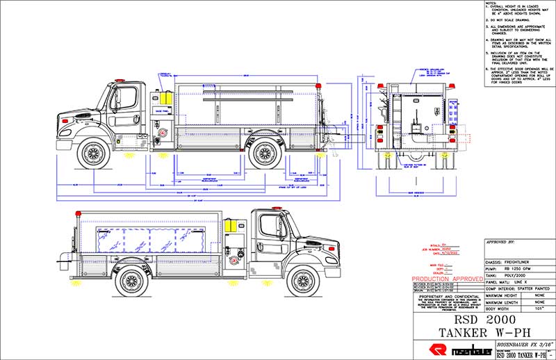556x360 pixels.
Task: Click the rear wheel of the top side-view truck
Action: [265, 154]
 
